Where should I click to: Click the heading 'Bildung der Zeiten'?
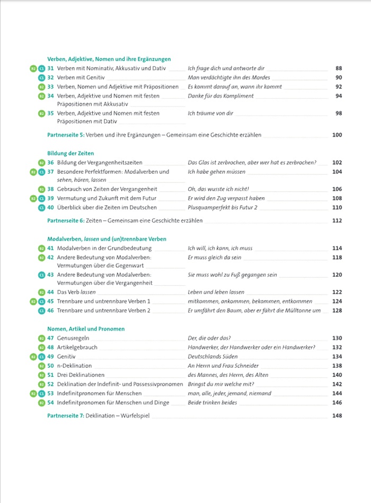click(x=69, y=153)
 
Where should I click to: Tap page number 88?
click(x=339, y=68)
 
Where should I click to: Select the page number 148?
click(x=337, y=416)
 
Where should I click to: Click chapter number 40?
click(x=51, y=207)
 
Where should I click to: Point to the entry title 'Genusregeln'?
click(x=73, y=338)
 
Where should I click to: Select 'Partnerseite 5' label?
click(x=66, y=135)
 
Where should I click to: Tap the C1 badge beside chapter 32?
click(x=42, y=78)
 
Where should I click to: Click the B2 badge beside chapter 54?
click(x=42, y=403)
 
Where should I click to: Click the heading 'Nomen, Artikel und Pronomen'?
click(x=86, y=329)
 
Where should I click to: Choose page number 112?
click(x=337, y=220)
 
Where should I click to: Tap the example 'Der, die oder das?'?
click(x=209, y=338)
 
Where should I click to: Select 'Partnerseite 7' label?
click(x=66, y=416)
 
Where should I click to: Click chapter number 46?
click(x=51, y=311)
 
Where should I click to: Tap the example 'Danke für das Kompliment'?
click(x=220, y=96)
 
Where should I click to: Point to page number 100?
click(x=337, y=135)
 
